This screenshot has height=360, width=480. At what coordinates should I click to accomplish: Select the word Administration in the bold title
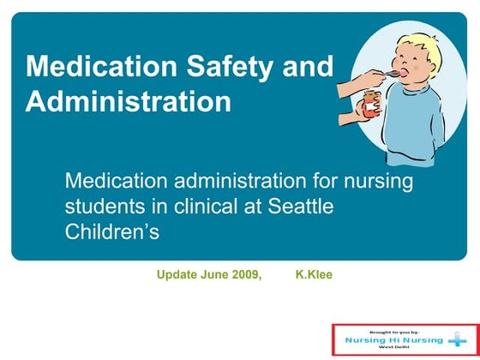[128, 102]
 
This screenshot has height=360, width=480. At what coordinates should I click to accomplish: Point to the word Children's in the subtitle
[112, 231]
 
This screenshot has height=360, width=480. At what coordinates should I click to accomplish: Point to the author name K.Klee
[314, 275]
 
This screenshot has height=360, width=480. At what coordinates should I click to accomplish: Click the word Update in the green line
[175, 275]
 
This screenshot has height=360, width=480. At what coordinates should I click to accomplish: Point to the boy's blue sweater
[420, 129]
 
